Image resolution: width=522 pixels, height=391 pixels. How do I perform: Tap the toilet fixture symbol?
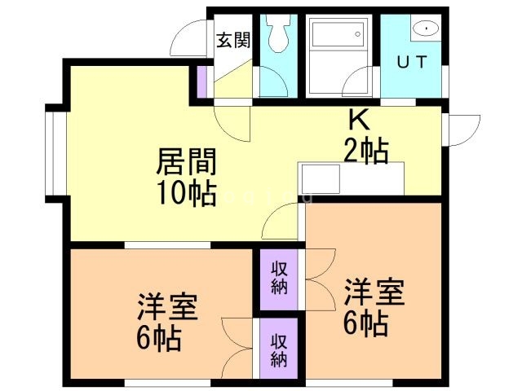tap(277, 33)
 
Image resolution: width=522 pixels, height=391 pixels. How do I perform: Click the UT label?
tap(409, 61)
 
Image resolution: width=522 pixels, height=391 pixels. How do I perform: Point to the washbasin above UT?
tap(426, 29)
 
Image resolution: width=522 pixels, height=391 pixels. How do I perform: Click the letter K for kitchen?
tap(360, 120)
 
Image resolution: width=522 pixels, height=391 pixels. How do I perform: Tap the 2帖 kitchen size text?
tap(365, 151)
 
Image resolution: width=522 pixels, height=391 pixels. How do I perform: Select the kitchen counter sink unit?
tap(351, 178)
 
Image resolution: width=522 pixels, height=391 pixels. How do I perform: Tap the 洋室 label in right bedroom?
tap(374, 292)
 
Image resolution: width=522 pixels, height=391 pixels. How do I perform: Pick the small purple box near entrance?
tap(201, 81)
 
